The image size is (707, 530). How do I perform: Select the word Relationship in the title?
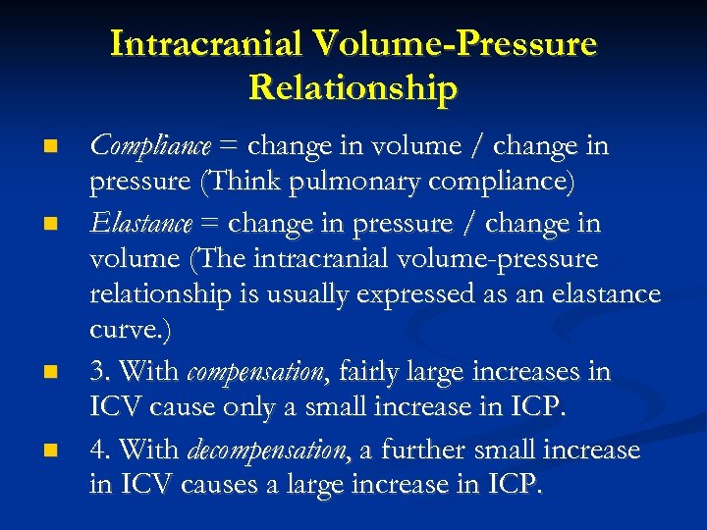pos(353,87)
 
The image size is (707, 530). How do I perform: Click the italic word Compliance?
pos(150,147)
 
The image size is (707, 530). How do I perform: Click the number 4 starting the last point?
pos(97,450)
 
